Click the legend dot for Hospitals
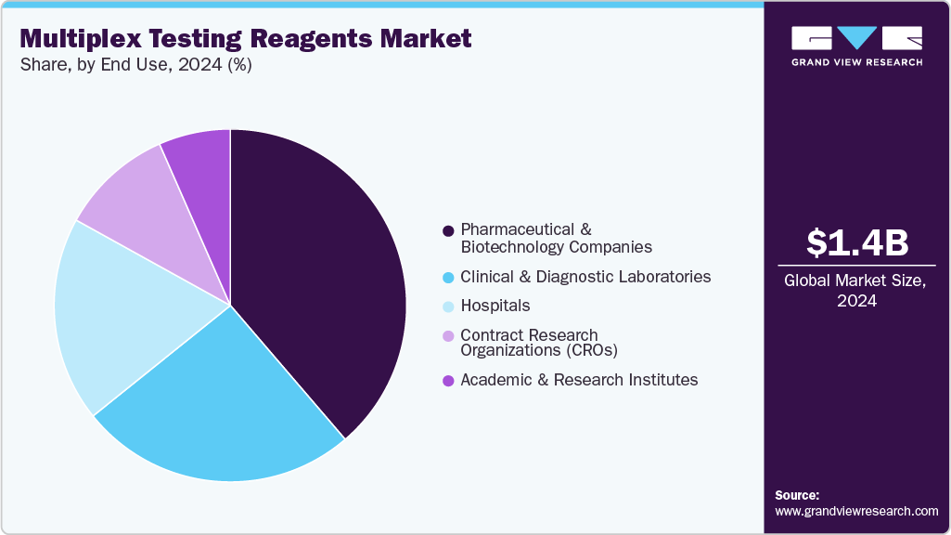[448, 306]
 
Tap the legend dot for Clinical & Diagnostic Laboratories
[448, 277]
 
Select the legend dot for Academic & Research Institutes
[448, 380]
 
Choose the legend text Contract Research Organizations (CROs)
[539, 343]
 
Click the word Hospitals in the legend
[495, 306]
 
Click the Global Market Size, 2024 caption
[856, 291]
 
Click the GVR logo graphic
[856, 38]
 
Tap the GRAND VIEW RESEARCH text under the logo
[856, 62]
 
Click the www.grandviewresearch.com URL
[856, 511]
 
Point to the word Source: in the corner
[797, 495]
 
